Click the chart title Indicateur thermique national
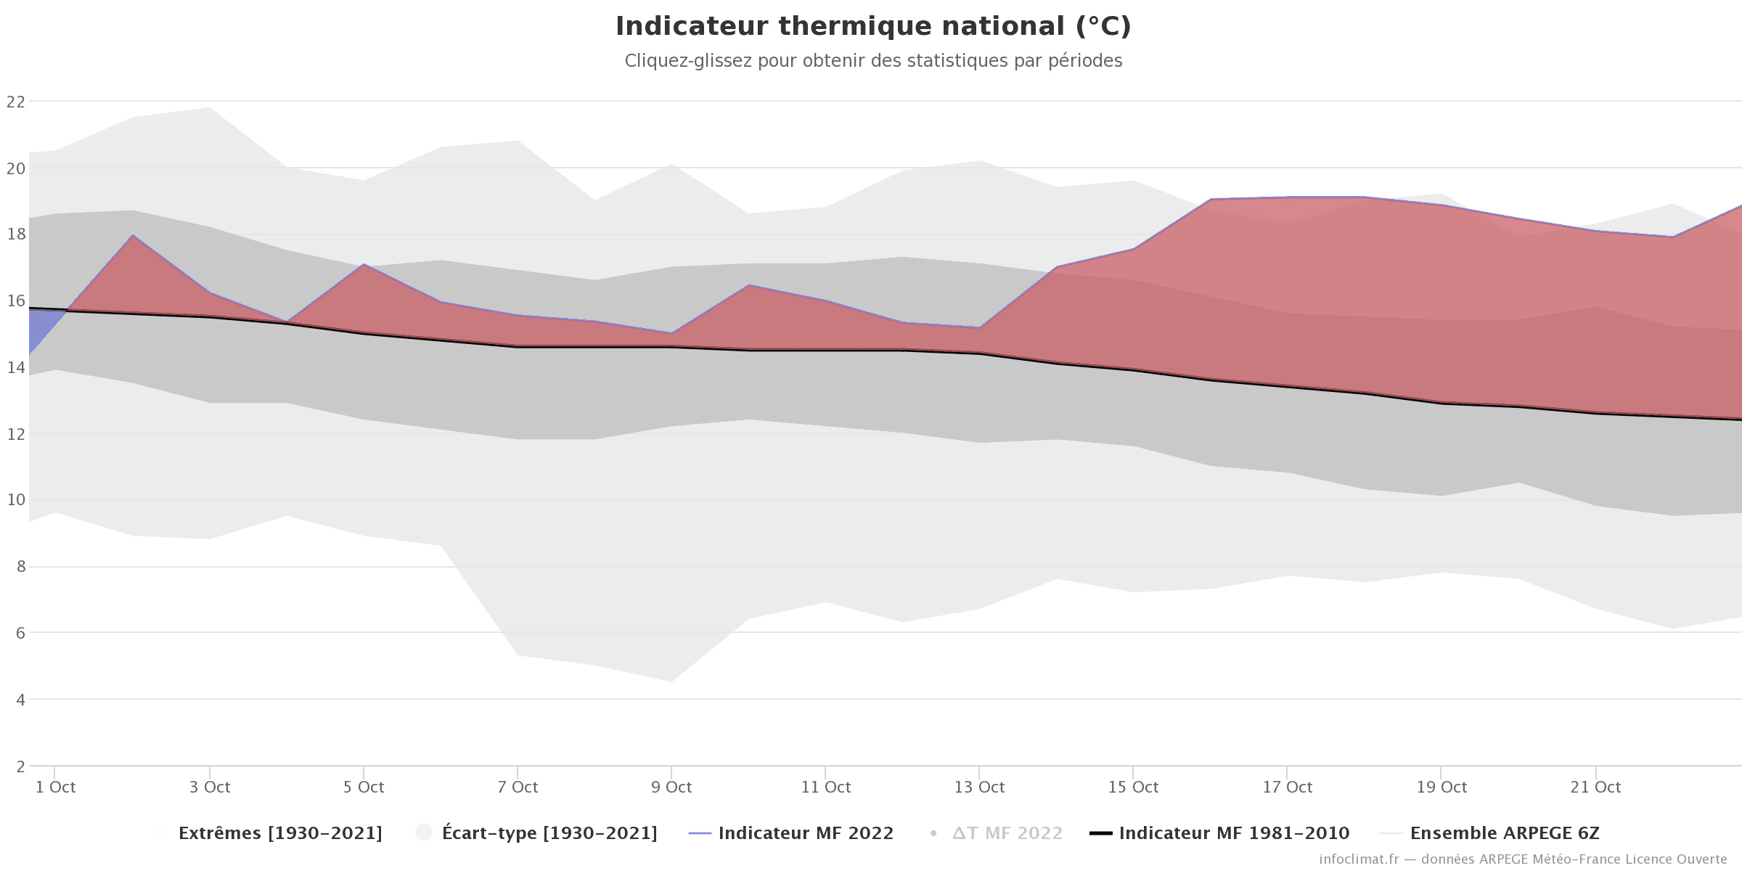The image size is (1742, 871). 873,26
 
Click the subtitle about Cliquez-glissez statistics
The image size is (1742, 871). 873,61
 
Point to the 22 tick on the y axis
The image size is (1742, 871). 15,102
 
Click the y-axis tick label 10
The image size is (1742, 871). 15,500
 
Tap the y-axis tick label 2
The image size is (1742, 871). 20,766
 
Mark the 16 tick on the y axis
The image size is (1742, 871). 15,301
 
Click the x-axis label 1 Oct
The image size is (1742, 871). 55,788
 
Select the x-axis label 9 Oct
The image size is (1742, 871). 671,788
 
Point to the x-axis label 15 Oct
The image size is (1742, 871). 1133,788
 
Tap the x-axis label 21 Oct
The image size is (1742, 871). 1595,788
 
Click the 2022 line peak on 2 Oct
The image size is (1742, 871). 133,235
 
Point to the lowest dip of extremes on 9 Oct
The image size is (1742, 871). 671,680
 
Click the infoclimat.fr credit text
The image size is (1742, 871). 1523,859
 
